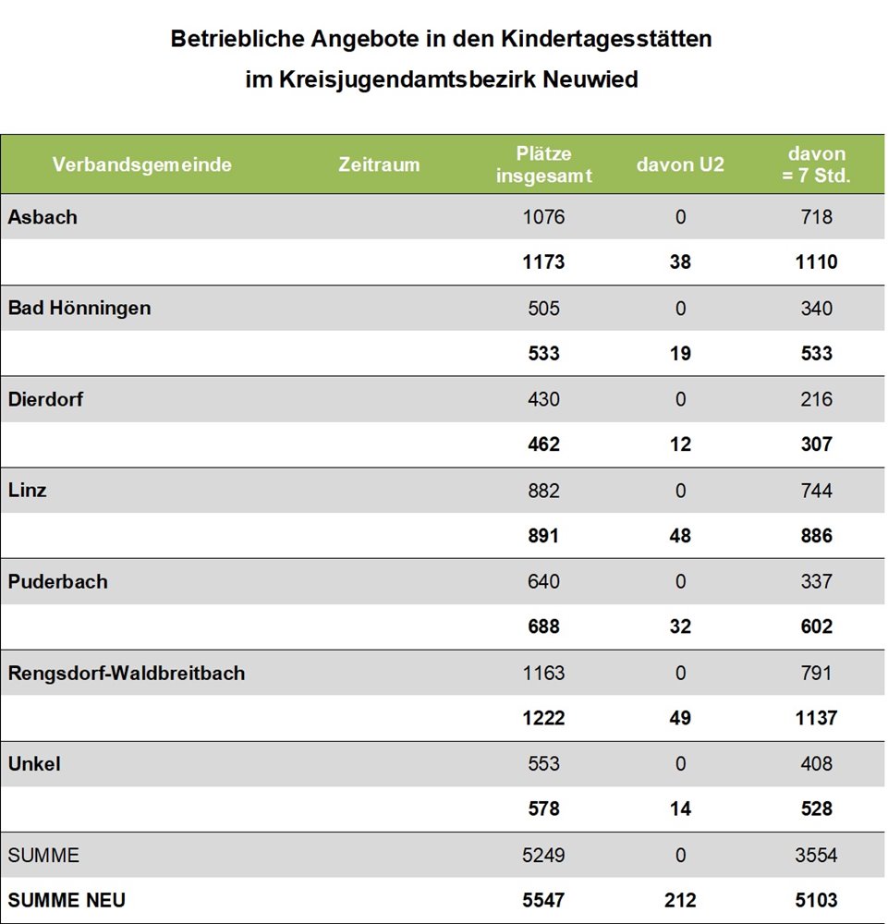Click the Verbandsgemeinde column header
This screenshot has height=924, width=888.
pos(142,164)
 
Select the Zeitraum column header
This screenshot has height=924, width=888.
pos(379,164)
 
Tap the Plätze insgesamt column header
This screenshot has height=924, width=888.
pos(544,164)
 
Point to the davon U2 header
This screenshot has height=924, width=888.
pos(680,164)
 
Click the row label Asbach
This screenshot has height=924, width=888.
pos(43,217)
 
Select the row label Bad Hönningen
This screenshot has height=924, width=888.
pos(79,309)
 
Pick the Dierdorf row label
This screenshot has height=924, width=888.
pos(45,399)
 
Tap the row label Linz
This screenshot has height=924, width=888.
pos(27,491)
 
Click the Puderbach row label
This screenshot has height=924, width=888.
pos(57,581)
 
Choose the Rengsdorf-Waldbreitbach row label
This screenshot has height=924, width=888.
pos(127,673)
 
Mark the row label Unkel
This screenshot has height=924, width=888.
pos(34,764)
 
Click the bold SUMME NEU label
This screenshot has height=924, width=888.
pos(67,900)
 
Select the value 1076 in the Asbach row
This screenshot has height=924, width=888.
pos(544,217)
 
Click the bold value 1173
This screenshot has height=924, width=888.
pos(544,261)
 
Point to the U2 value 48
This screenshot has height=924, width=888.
pos(680,536)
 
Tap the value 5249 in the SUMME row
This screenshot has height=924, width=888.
pos(544,855)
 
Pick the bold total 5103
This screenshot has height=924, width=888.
pos(816,900)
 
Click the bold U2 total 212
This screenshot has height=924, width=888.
pos(680,900)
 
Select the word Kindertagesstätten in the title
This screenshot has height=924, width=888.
pos(606,39)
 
